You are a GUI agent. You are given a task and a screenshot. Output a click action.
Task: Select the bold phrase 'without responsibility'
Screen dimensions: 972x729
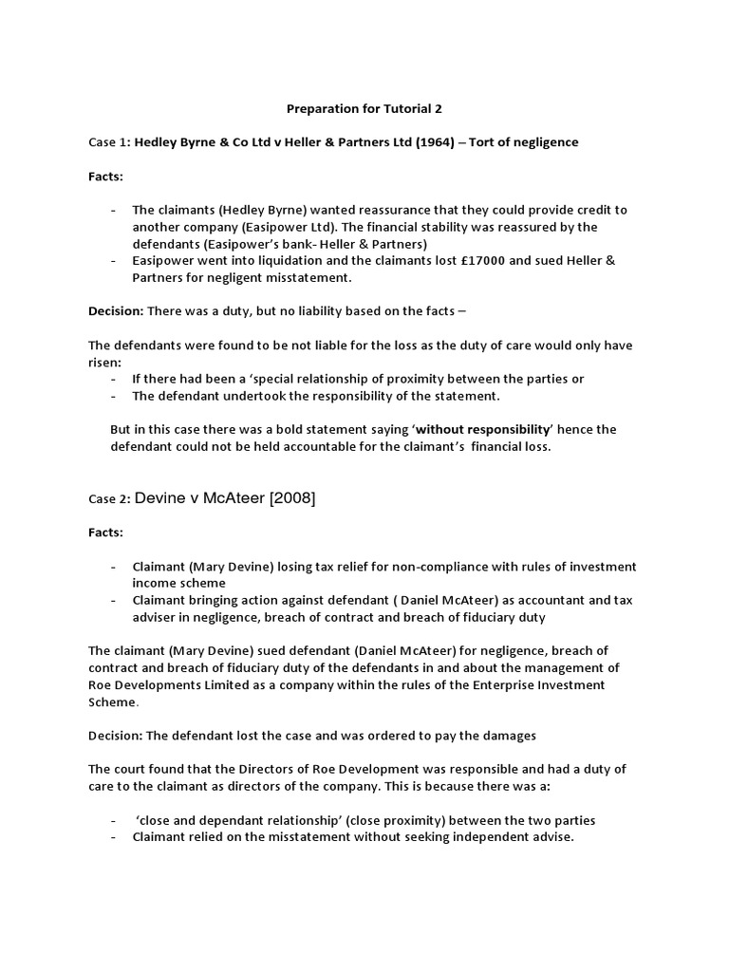[483, 429]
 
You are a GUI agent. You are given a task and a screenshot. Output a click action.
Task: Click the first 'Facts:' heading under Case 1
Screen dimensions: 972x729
[105, 177]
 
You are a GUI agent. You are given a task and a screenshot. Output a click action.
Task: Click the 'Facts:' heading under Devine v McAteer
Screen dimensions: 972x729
[105, 533]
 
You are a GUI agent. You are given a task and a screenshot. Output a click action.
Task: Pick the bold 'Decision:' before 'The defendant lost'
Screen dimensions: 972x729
[116, 736]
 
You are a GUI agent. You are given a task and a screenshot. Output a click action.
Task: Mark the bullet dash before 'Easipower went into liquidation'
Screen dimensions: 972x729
[115, 260]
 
